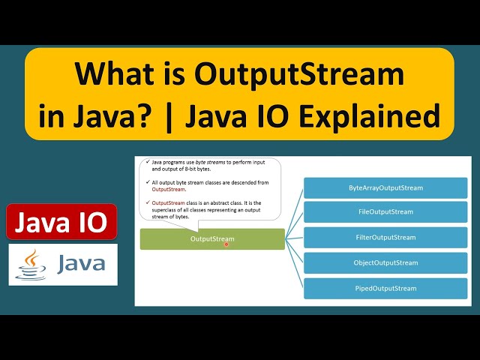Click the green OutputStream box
(x=212, y=239)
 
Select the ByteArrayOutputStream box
(x=386, y=187)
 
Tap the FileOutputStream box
(x=386, y=212)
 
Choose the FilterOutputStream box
(x=386, y=238)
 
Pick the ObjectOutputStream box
(x=386, y=263)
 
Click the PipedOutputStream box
(x=386, y=289)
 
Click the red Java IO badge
(x=62, y=222)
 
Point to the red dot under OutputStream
(x=226, y=244)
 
